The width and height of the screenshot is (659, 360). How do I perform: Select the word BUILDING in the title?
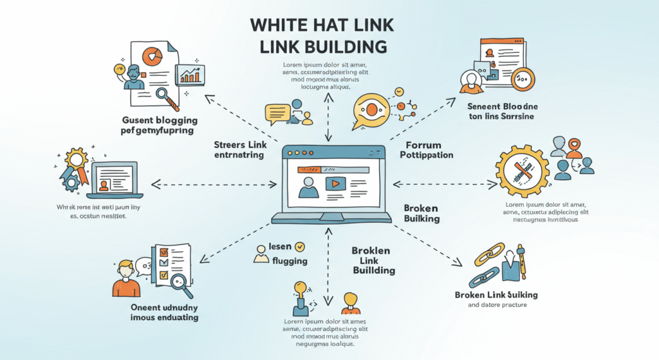341,47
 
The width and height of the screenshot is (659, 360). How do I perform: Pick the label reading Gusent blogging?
160,120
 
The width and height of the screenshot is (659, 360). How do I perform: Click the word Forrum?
422,144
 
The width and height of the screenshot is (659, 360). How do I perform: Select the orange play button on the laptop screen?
335,183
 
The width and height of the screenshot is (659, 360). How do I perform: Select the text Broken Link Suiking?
496,294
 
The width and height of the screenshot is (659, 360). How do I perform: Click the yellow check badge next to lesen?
300,246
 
